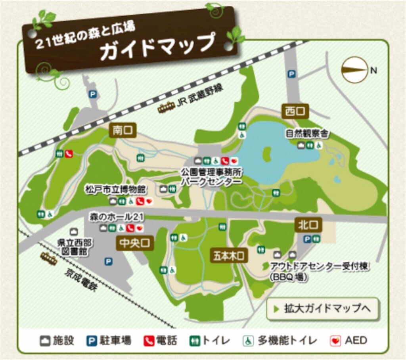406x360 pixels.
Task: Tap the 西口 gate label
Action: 295,111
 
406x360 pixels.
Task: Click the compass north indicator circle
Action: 354,70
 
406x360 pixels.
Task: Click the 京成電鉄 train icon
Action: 49,259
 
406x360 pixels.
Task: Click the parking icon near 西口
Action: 292,74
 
